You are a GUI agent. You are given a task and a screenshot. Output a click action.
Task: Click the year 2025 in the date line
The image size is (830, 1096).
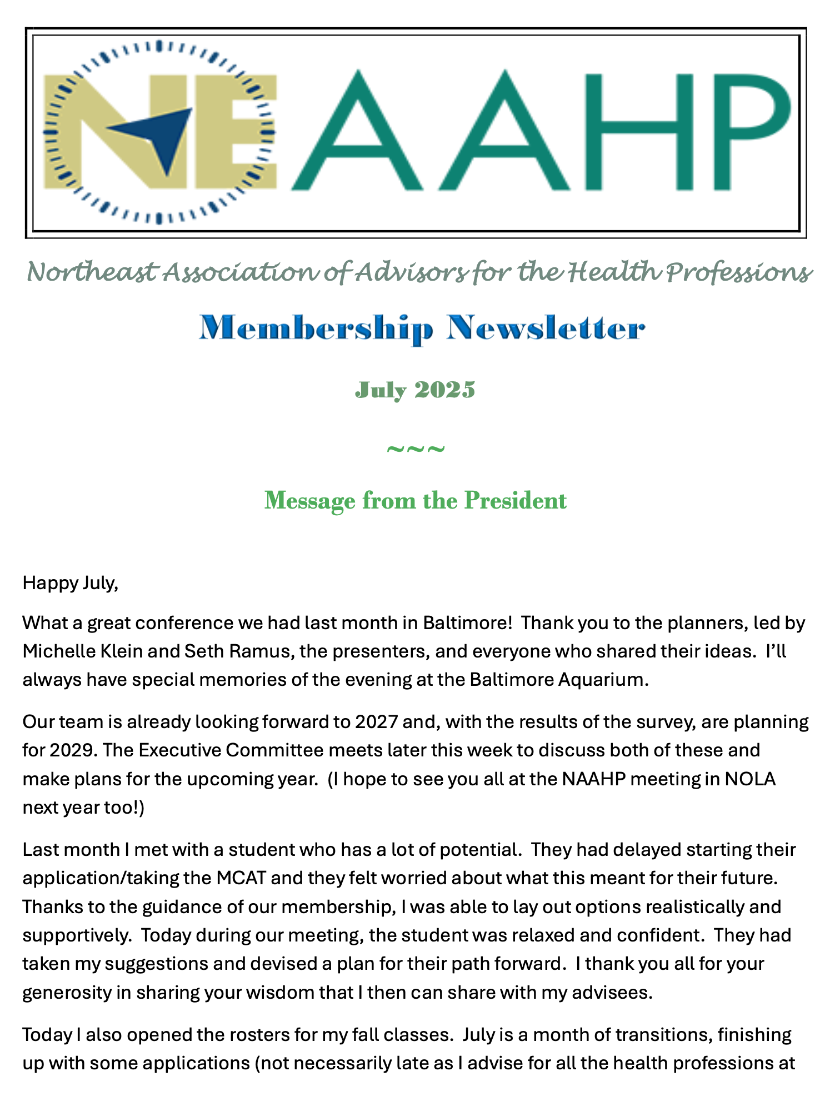pos(445,390)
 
